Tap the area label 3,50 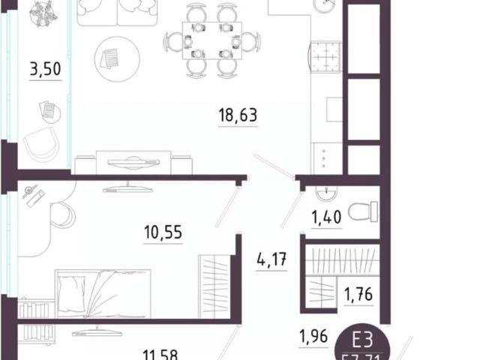[45, 71]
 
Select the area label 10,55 [163, 233]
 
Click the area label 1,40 [326, 218]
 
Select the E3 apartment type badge [372, 341]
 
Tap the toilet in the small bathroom [363, 212]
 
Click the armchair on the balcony [42, 142]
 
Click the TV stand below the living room [133, 162]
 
